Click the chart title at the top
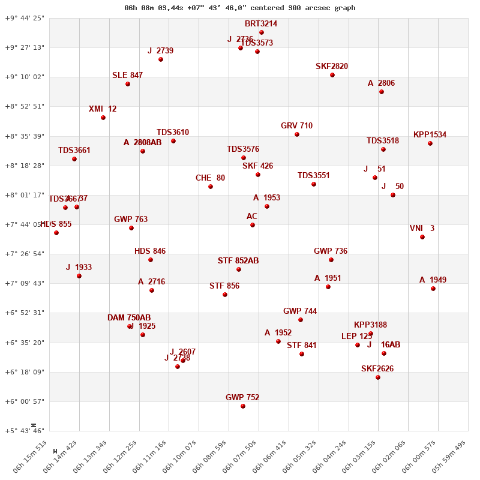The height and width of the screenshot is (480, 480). [239, 8]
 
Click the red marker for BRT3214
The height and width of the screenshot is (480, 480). [262, 32]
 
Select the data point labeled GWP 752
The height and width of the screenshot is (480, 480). [243, 406]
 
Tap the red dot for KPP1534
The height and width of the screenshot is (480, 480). [430, 143]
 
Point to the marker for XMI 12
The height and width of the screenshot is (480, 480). [103, 118]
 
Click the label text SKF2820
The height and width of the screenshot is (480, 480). [332, 67]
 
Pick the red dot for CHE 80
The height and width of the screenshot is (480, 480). [211, 187]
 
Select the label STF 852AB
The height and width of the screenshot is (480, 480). [238, 261]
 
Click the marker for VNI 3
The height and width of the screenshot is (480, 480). [422, 237]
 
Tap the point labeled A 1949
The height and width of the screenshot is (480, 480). [433, 289]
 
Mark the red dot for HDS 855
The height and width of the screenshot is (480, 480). [56, 233]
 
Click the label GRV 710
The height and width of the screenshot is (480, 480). [296, 126]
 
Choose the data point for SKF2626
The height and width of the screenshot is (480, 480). [378, 377]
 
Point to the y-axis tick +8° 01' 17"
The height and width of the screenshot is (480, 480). [25, 195]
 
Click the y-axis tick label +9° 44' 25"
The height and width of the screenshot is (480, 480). [25, 18]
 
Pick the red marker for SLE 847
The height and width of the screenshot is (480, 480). [128, 84]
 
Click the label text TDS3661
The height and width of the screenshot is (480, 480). [74, 151]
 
